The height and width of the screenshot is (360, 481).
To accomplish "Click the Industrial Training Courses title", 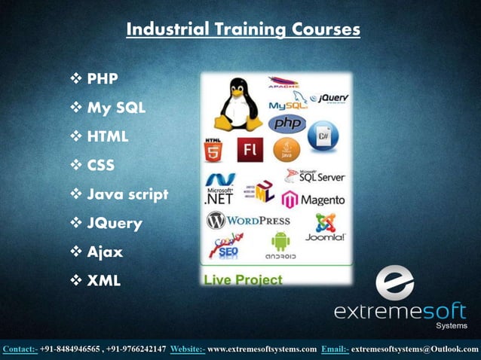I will point(243,29).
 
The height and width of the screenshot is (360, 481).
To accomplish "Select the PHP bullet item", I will point(102,78).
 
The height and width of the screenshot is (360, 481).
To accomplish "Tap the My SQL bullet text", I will point(116,108).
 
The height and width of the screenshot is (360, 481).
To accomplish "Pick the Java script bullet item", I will point(127,194).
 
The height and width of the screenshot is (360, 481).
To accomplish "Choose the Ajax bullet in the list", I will point(105,252).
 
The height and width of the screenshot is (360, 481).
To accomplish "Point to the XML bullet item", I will point(103,281).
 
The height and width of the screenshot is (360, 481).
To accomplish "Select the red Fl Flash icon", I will point(250,150).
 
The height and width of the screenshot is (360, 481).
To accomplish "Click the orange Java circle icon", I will point(287,150).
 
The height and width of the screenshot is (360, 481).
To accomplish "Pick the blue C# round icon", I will point(323,137).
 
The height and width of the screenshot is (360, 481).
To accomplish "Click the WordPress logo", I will point(248,221).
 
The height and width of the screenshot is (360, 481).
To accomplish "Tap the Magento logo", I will point(314,200).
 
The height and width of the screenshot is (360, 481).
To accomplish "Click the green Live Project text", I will point(242,280).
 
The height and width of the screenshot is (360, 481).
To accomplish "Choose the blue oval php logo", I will point(286,122).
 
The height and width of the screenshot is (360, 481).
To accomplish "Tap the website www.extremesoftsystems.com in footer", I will point(262,349).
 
